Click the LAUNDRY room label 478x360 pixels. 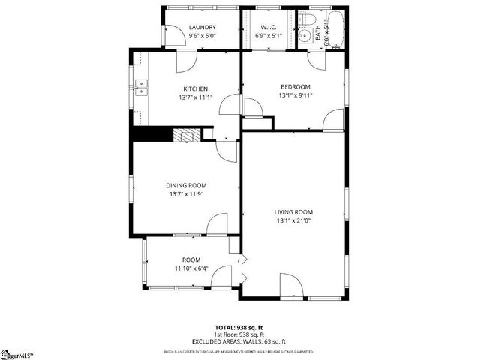pos(202,28)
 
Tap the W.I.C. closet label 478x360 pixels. pos(268,28)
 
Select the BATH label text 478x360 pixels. pos(317,33)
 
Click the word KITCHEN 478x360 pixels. pos(196,88)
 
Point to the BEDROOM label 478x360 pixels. pos(295,86)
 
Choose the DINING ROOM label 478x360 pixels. pos(186,185)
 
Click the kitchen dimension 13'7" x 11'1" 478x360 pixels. pos(196,97)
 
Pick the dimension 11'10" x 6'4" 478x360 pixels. pos(193,268)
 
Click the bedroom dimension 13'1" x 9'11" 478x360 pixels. pos(295,95)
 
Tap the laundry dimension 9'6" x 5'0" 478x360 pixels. pos(202,36)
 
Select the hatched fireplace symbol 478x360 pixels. pos(188,135)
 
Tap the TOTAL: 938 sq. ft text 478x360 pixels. pos(239,327)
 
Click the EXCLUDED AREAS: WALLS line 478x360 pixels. pos(239,341)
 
